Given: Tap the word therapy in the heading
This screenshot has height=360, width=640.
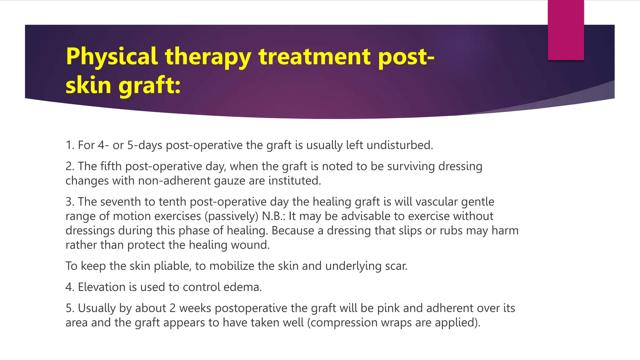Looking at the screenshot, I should point(208,57).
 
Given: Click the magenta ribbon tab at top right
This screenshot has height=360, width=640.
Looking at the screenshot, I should point(566,30).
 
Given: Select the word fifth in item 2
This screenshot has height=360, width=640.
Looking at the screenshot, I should point(111,166).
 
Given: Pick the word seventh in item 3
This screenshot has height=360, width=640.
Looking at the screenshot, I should point(120,202).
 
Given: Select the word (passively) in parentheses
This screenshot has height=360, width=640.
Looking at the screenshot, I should point(232,216).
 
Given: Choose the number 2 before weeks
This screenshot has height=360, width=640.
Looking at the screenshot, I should point(172,308).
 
